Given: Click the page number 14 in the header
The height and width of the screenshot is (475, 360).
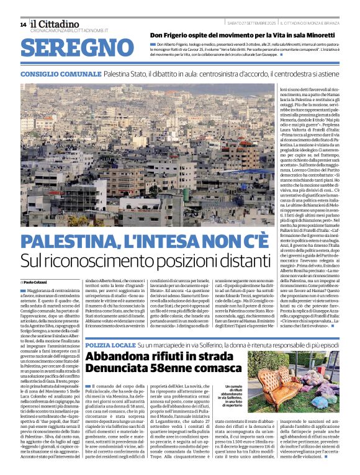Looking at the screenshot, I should [x=23, y=24].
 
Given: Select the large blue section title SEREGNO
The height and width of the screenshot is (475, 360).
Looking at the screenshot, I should [x=71, y=48].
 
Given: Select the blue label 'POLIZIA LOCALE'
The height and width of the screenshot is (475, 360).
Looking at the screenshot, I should [x=110, y=344].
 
